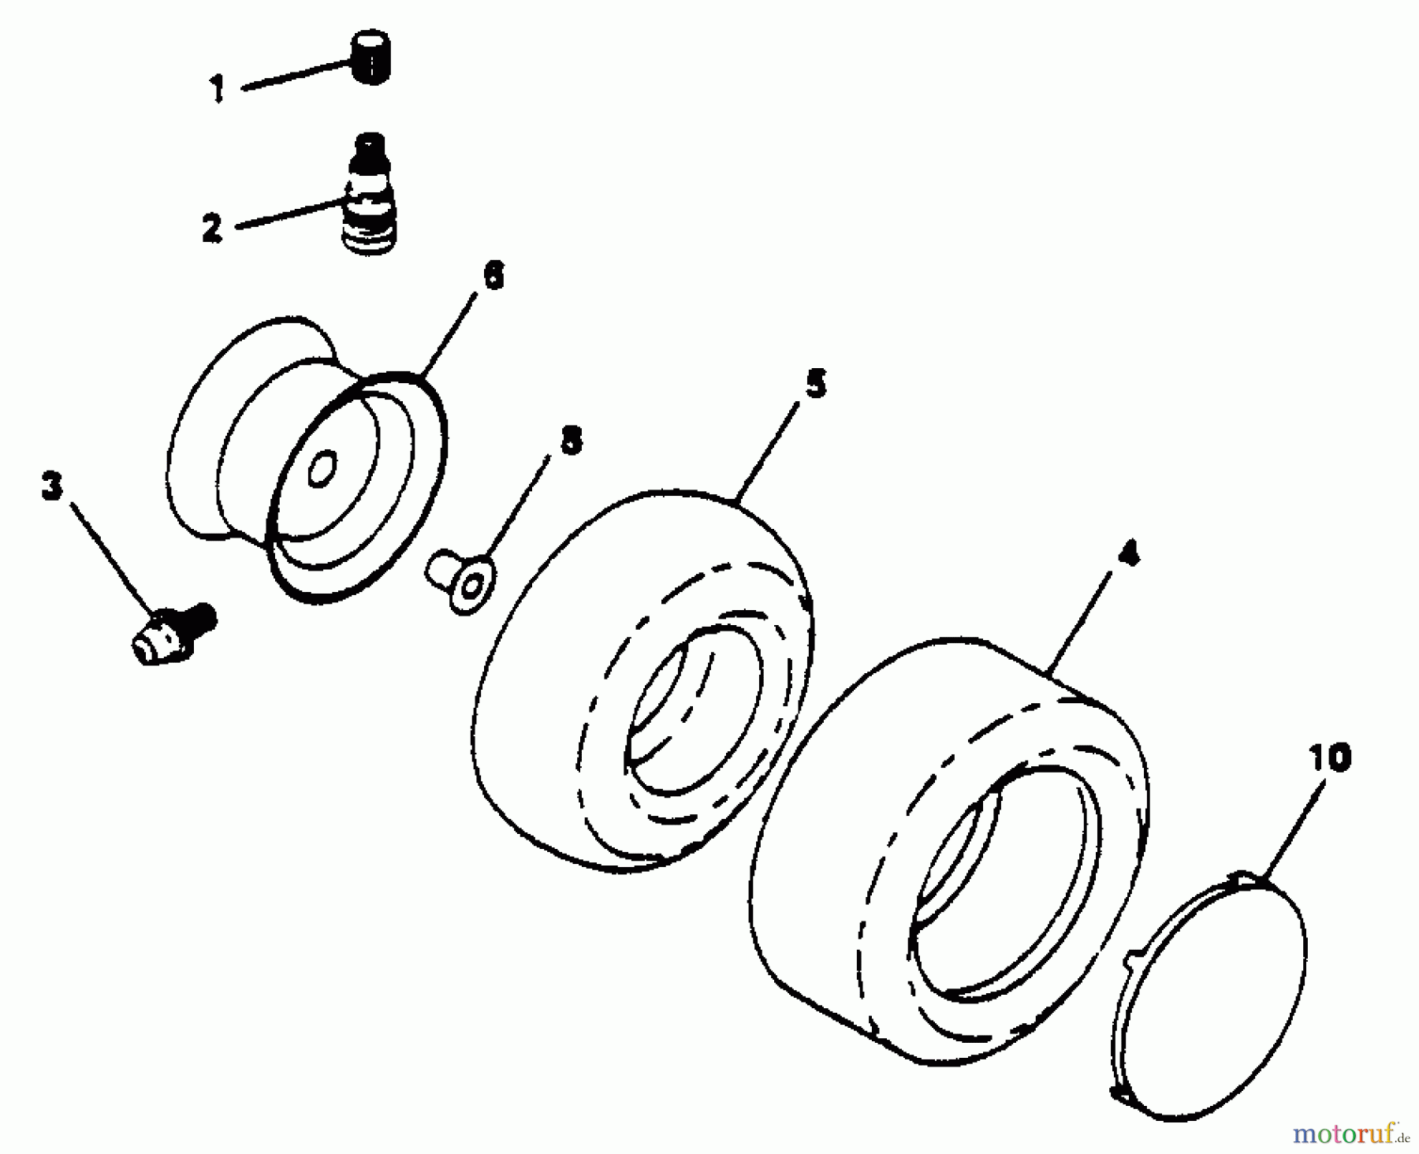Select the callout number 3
(51, 486)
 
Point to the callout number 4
(1129, 554)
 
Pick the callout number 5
(815, 384)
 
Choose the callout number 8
(571, 441)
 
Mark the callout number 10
(1330, 758)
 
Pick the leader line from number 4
(1082, 620)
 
